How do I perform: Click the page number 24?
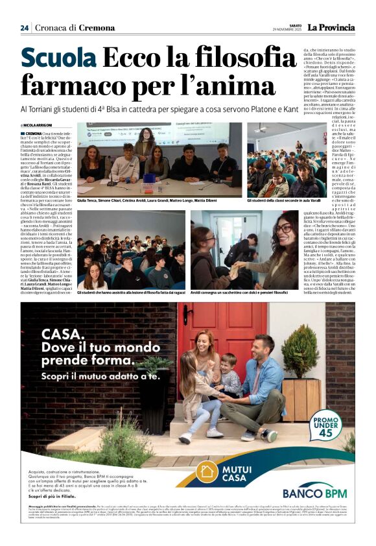25,27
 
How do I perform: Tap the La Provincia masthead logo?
331,27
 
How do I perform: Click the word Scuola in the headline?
58,58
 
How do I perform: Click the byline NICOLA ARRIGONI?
39,125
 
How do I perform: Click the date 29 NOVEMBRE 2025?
287,30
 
